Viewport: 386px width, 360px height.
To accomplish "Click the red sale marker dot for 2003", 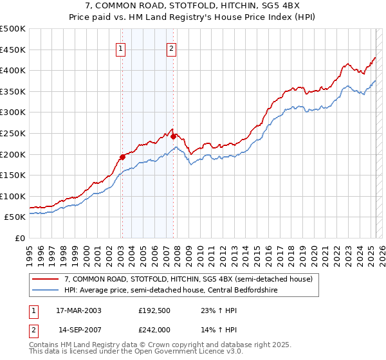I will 122,157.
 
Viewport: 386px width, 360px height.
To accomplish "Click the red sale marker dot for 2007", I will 173,136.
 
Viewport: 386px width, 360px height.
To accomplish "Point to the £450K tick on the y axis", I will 14,50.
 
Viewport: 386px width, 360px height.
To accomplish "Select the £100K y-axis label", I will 14,196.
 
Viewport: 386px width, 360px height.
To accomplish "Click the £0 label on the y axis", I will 19,238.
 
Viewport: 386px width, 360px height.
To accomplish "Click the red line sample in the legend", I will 45,279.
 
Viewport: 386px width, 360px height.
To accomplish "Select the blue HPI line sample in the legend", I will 45,289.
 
